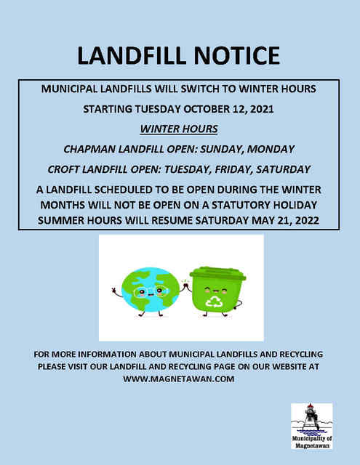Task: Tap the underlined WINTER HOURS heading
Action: coord(180,129)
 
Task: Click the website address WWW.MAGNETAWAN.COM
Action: coord(180,379)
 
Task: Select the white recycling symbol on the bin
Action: coord(215,302)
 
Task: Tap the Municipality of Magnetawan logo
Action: coord(311,428)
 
